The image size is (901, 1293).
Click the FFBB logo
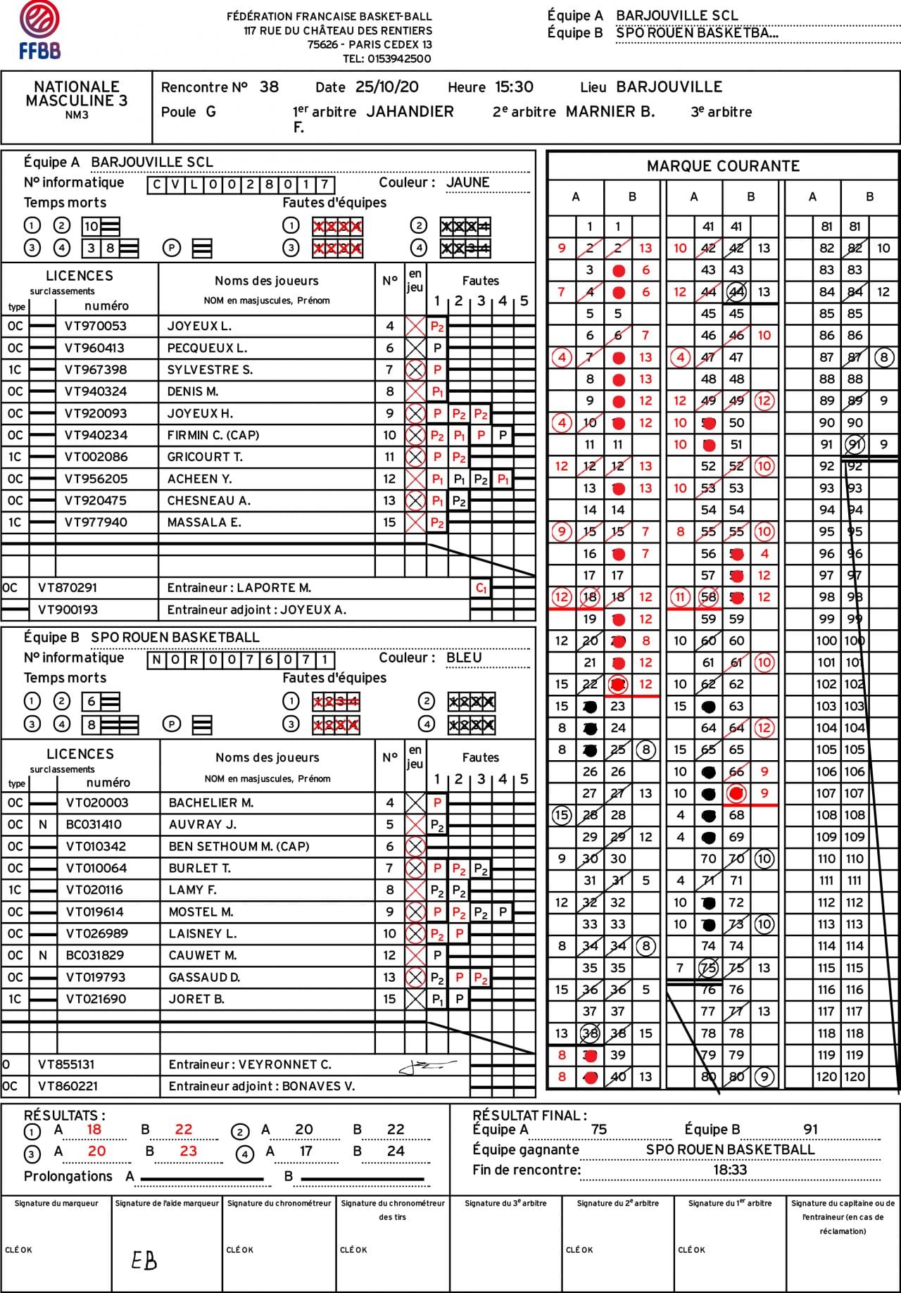coord(39,30)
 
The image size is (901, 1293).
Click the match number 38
coord(269,87)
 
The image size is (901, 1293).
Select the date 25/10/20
coord(386,87)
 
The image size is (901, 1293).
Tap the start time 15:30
coord(514,87)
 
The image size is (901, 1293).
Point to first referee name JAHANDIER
coord(410,111)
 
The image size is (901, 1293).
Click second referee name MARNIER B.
coord(610,111)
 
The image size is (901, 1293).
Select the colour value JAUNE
coord(467,182)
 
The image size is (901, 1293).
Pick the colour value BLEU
coord(464,657)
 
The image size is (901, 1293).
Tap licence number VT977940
coord(96,522)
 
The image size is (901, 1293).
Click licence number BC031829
coord(94,955)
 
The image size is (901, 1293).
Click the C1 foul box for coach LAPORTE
coord(481,588)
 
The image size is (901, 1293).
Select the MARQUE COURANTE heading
coord(723,166)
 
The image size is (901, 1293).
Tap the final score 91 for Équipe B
coord(810,1129)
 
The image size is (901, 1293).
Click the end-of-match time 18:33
coord(729,1170)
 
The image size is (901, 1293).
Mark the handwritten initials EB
coord(144,1260)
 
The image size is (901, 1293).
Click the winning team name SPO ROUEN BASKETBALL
coord(730,1149)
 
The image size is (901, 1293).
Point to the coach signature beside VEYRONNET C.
coord(427,1067)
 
